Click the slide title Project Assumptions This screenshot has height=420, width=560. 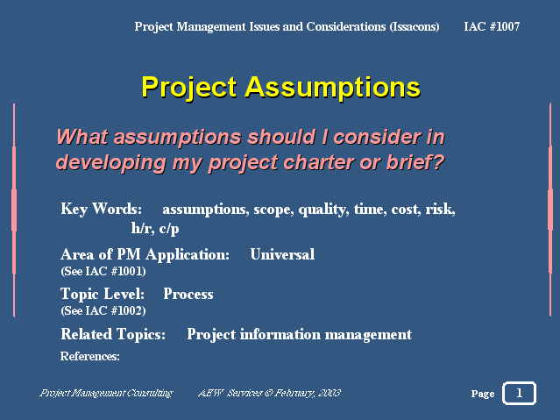(x=280, y=88)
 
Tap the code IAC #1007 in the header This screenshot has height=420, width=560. (x=492, y=26)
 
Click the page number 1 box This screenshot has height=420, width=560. (x=519, y=393)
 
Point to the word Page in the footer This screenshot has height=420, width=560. (x=482, y=394)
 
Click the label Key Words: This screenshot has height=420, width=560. (x=101, y=210)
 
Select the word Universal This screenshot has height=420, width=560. (x=282, y=255)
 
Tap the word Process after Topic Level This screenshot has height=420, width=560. (x=188, y=295)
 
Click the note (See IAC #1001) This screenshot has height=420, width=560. (x=103, y=271)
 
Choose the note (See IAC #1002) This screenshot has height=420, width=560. (x=103, y=310)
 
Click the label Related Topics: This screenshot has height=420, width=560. (x=113, y=334)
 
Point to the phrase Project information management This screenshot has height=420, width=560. (x=299, y=334)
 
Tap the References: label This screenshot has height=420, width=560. (x=89, y=356)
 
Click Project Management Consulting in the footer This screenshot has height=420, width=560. (x=106, y=393)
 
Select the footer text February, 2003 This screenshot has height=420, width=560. (x=308, y=393)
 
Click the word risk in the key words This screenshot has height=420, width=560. (x=439, y=210)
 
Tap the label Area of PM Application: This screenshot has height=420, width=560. (x=145, y=255)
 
